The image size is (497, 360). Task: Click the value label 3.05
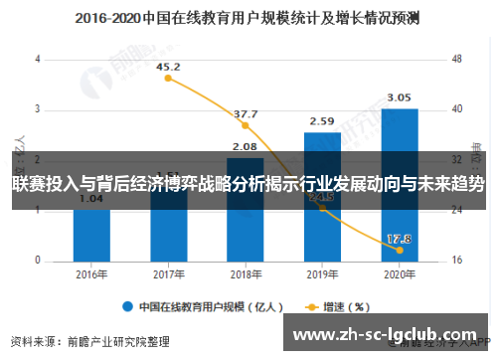click(399, 97)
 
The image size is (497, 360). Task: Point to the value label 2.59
click(322, 121)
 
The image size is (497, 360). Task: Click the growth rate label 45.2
click(169, 68)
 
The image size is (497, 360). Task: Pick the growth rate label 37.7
click(246, 113)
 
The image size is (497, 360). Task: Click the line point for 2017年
click(169, 79)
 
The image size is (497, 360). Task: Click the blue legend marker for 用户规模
click(127, 307)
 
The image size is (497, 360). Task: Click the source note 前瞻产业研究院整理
click(112, 339)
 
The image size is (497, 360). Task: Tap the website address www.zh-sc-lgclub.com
click(389, 333)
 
